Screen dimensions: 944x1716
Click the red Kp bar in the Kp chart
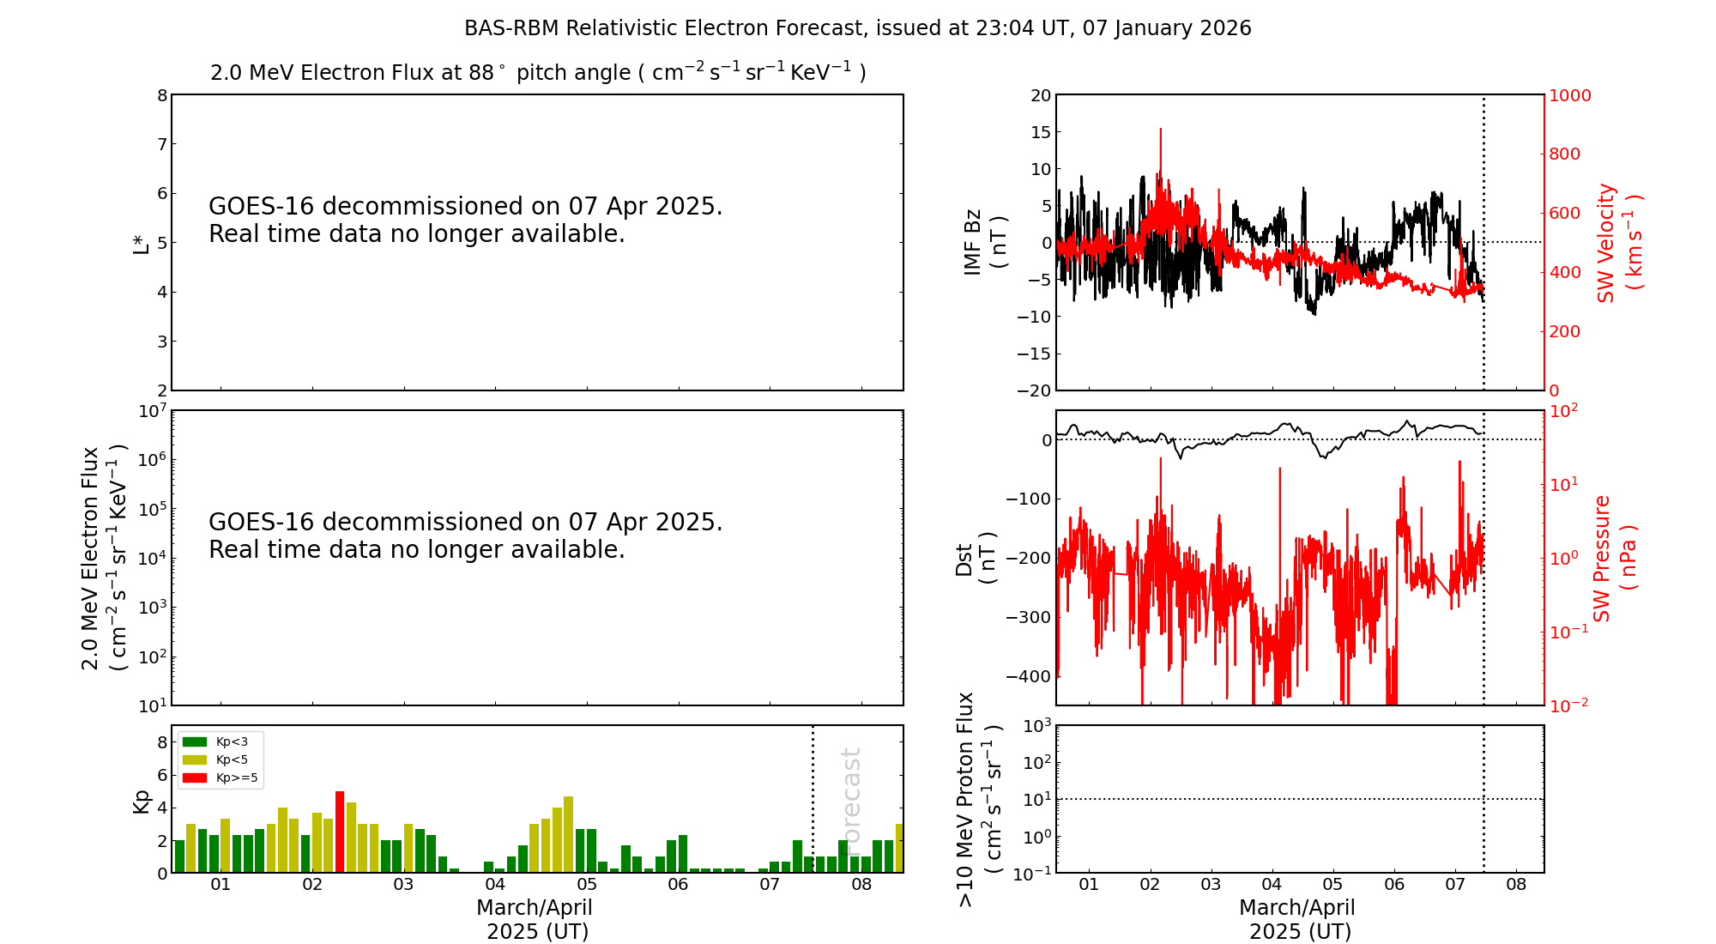[340, 831]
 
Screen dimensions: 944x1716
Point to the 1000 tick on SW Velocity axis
[1569, 95]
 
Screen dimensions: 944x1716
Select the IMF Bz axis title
[984, 243]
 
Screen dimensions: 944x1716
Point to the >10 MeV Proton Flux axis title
[978, 799]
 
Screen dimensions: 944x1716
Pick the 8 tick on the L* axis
[161, 95]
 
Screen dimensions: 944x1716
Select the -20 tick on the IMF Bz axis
[1033, 390]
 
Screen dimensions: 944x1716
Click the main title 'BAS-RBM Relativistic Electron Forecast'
[664, 28]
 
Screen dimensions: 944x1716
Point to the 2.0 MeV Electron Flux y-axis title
[103, 558]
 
